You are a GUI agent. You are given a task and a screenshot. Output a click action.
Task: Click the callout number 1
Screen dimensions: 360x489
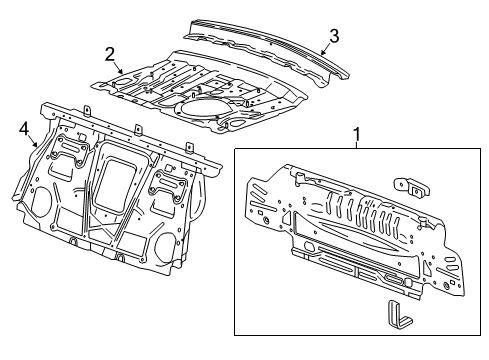[x=355, y=132]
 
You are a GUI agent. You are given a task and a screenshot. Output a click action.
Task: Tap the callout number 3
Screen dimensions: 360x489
[x=333, y=35]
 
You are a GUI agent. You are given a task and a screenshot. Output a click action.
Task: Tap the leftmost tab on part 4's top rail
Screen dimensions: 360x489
[x=86, y=110]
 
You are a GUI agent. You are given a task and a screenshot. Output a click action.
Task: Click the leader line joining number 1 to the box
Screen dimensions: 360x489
[x=355, y=143]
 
